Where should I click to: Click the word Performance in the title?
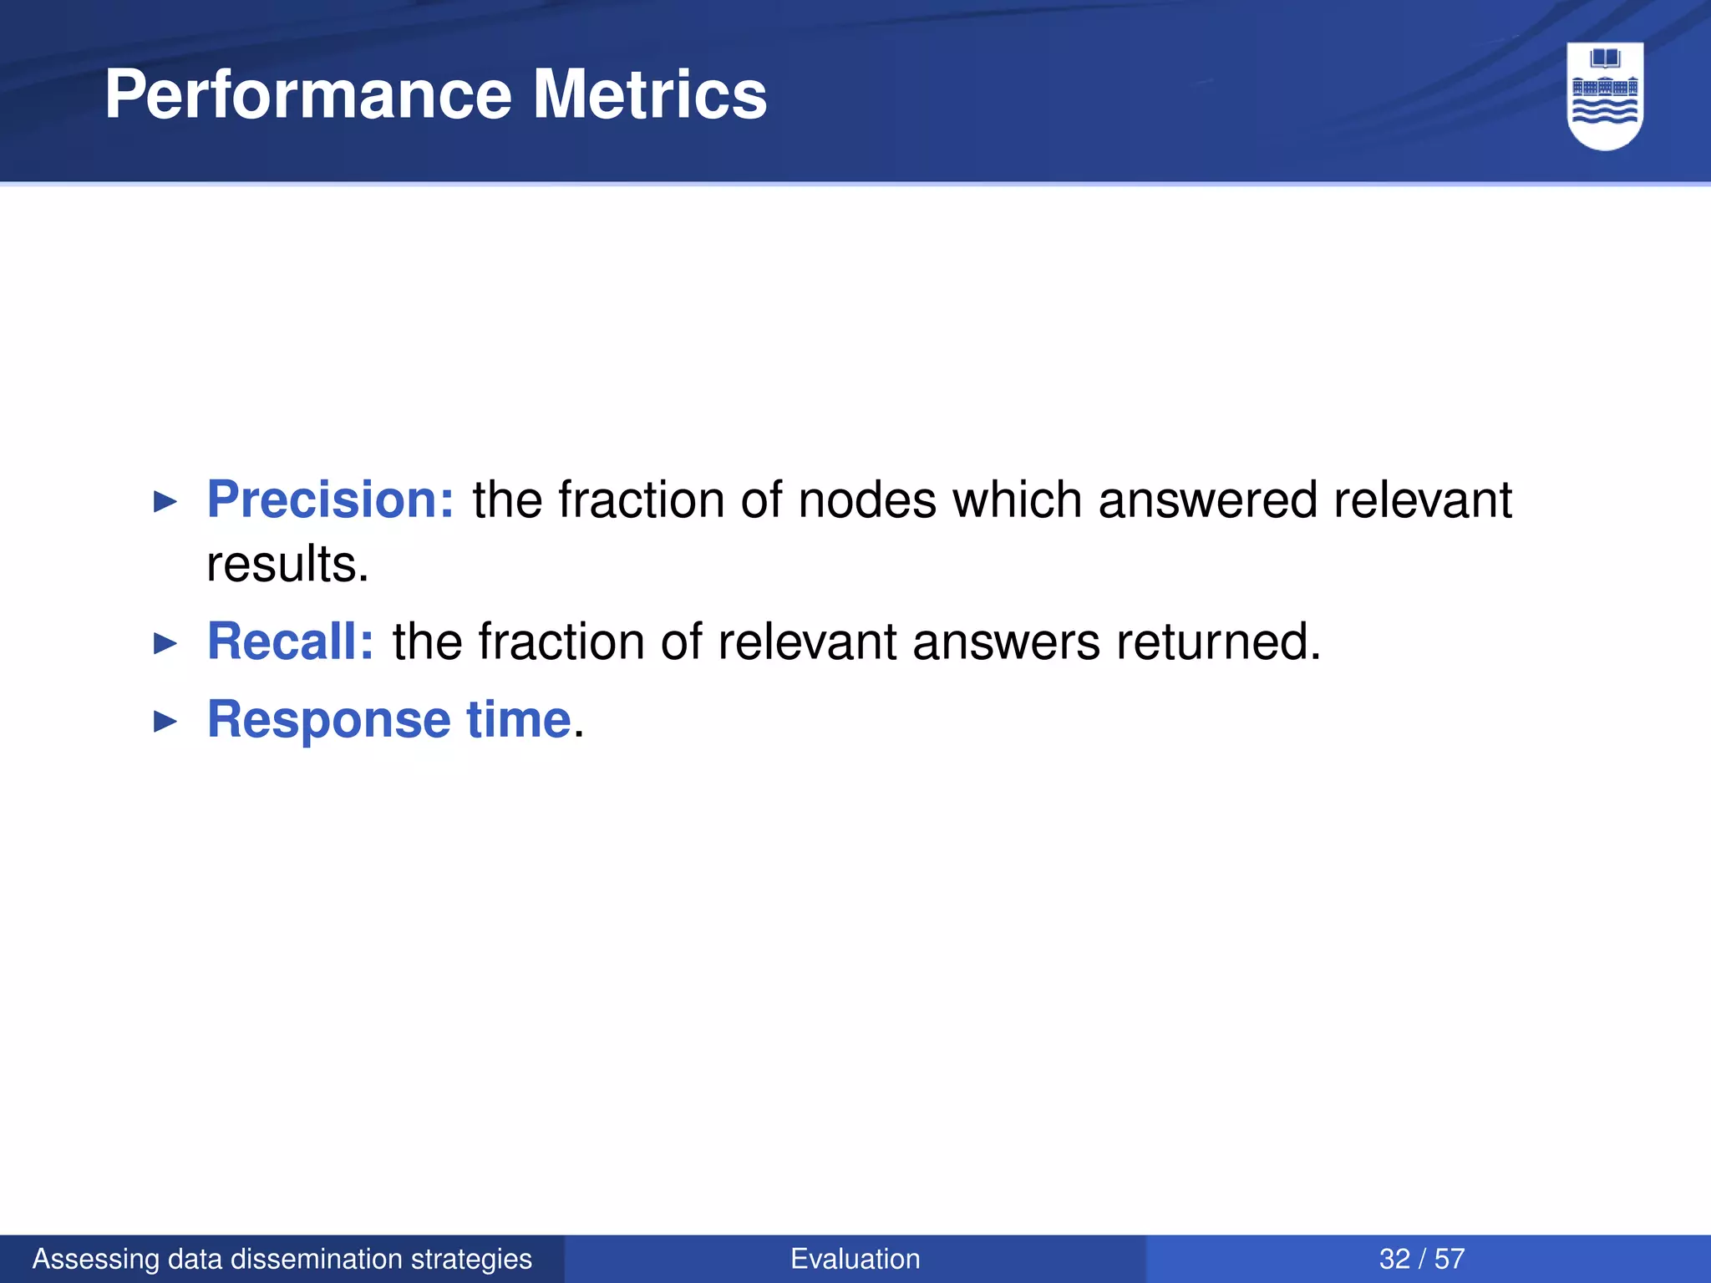tap(307, 95)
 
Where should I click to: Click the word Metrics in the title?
tap(649, 95)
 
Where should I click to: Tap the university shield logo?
tap(1605, 95)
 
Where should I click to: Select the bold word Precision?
tap(330, 500)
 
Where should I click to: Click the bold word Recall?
tap(290, 641)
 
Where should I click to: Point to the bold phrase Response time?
tap(389, 719)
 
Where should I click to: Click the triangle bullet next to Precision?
tap(166, 502)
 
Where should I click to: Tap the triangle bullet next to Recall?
tap(166, 644)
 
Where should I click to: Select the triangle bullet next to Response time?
tap(166, 722)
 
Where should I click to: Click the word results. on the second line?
tap(287, 565)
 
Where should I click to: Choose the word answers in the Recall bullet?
tap(1006, 641)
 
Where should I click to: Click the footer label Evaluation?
tap(855, 1259)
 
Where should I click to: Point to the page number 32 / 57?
tap(1422, 1259)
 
